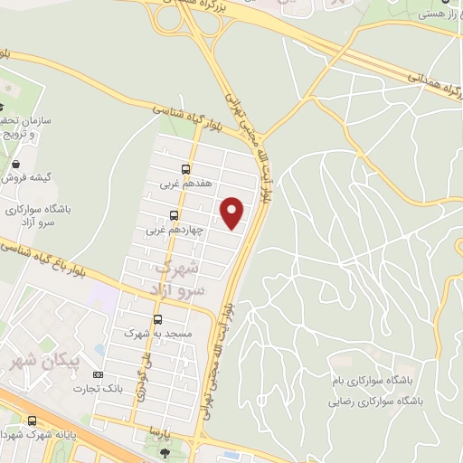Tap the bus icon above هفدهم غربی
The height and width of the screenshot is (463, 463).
[x=185, y=168]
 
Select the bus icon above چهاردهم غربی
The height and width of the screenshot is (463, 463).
[x=173, y=215]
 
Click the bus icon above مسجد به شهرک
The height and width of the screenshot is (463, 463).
[x=157, y=319]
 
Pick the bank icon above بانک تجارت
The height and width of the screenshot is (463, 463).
[x=99, y=375]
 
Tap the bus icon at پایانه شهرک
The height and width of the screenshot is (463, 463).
[x=33, y=420]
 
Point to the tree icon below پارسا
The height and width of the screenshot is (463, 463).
[x=164, y=454]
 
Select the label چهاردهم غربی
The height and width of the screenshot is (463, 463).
[x=174, y=231]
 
